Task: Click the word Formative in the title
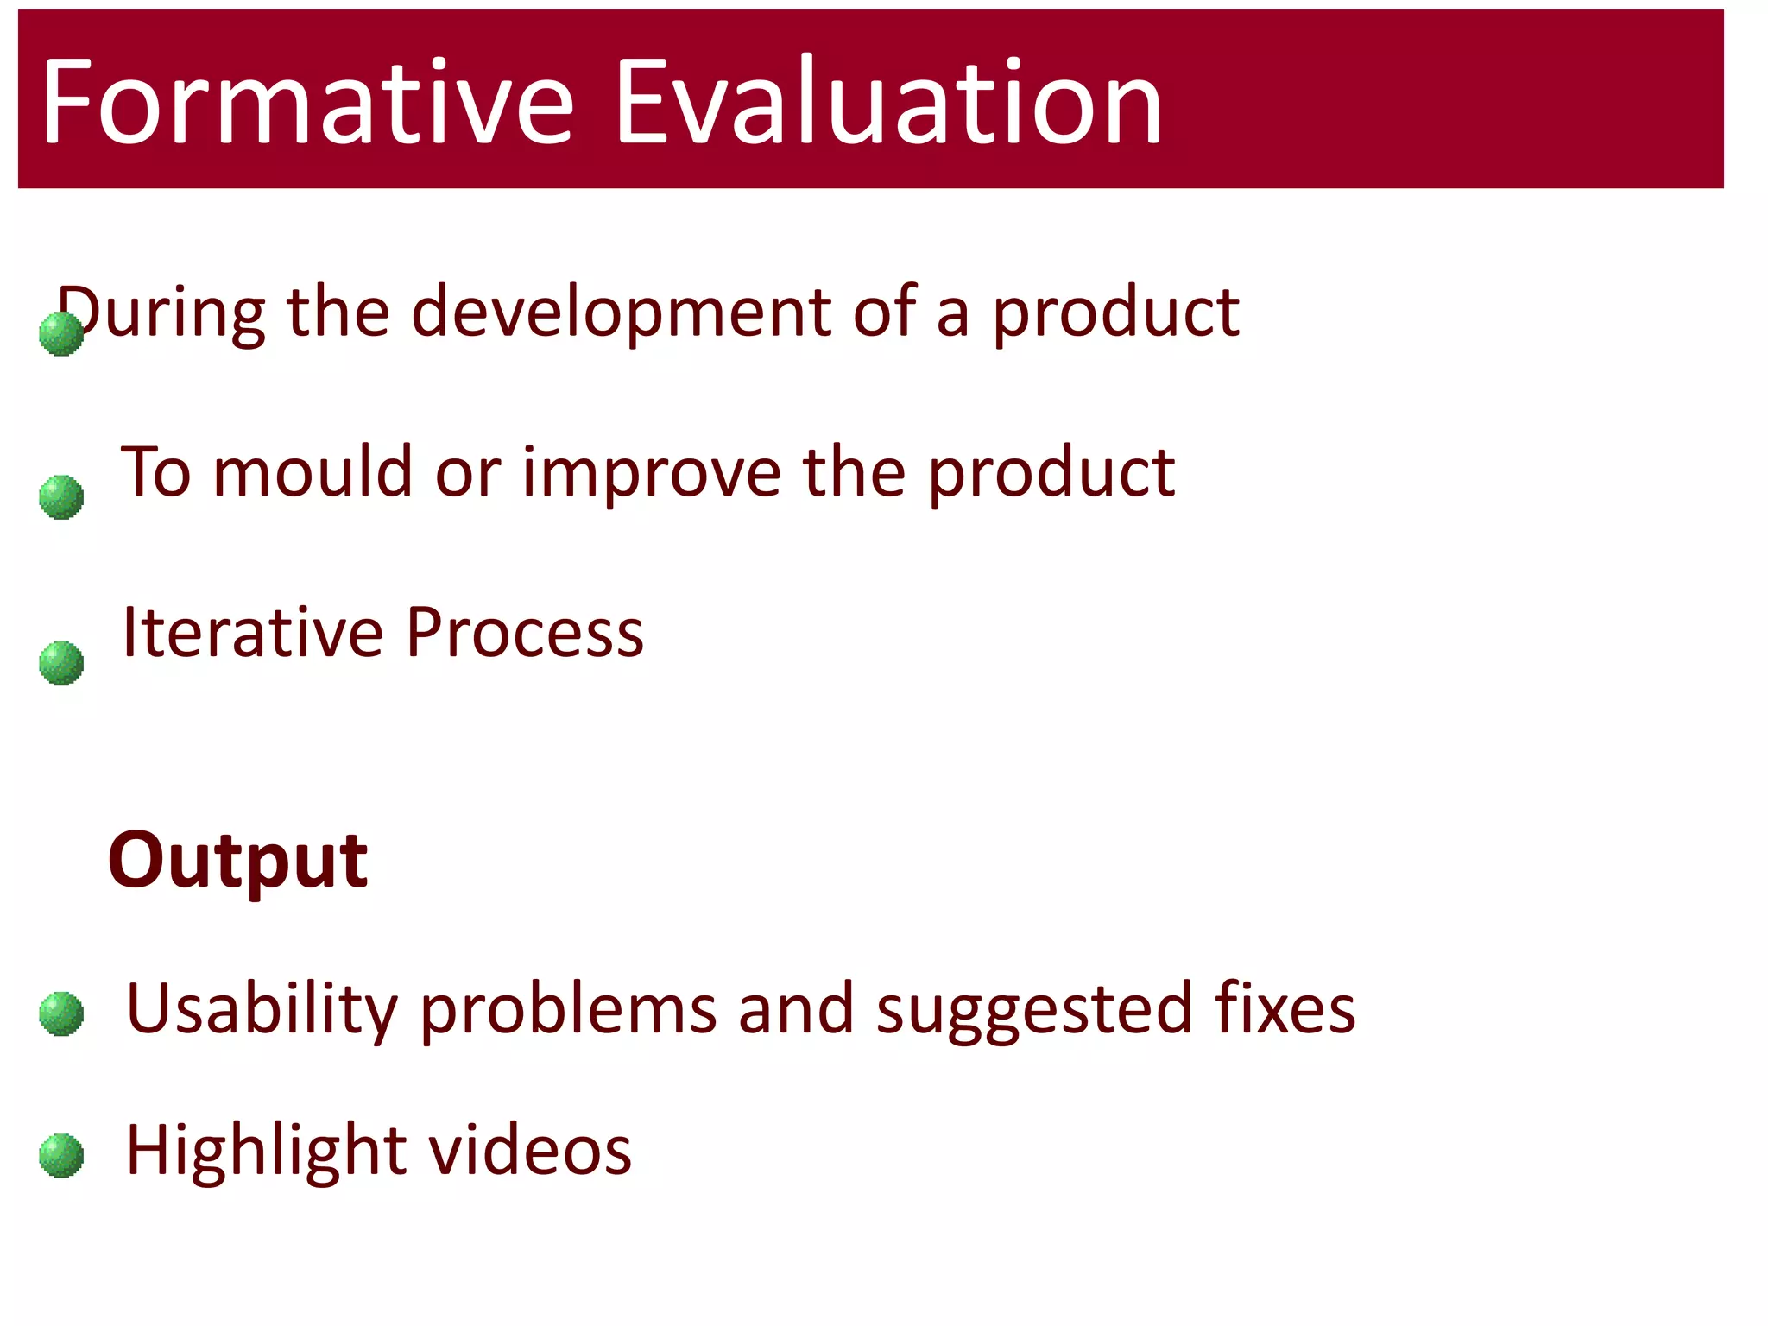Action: [307, 102]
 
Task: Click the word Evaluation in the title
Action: [889, 102]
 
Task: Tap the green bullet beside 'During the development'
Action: [61, 333]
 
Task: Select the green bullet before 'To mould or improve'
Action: [61, 497]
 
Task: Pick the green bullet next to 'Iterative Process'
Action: [61, 663]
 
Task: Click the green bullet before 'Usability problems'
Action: [61, 1013]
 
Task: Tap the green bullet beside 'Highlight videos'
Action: [61, 1155]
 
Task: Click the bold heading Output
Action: [238, 862]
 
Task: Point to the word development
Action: [621, 313]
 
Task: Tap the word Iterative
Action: [252, 633]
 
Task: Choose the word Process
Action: [525, 633]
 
